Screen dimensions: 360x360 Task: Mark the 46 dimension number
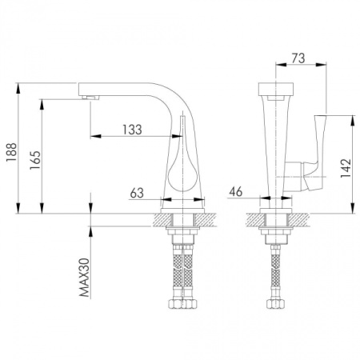[237, 191]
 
